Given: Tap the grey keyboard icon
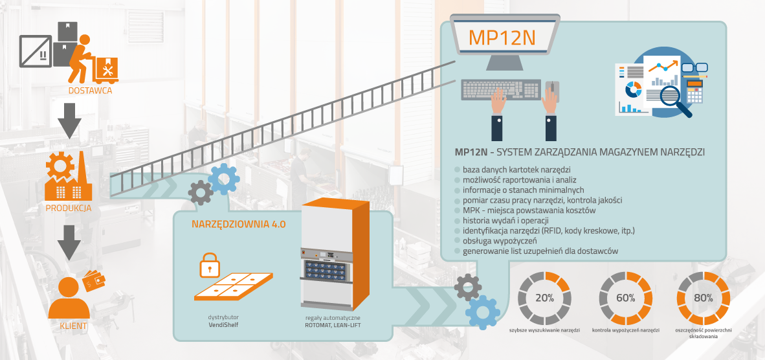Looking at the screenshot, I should click(501, 89).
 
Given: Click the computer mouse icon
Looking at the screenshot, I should click(553, 89).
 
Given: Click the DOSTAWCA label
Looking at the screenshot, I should click(90, 91).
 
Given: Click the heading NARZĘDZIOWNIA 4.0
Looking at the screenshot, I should click(238, 224).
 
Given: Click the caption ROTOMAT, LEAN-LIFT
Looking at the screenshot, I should click(333, 325).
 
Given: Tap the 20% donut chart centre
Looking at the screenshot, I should click(544, 298).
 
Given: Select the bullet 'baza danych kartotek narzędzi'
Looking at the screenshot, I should click(516, 170).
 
